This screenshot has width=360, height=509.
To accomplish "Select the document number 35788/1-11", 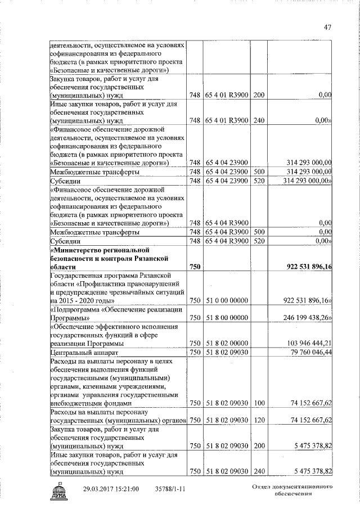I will point(170,489).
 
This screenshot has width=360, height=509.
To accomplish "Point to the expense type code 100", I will point(259,403).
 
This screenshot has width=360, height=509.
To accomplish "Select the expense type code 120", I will point(259,420).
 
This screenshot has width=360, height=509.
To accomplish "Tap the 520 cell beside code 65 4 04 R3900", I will point(259,241).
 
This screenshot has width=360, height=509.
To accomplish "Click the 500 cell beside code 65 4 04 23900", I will point(259,171).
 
